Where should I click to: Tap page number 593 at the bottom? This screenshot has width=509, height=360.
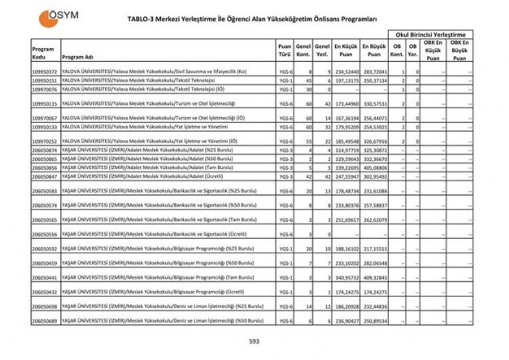pyautogui.click(x=254, y=342)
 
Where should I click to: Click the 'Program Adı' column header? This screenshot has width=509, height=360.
pyautogui.click(x=78, y=58)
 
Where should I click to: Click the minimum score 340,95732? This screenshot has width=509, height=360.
pyautogui.click(x=346, y=277)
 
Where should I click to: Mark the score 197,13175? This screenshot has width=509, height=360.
pyautogui.click(x=346, y=80)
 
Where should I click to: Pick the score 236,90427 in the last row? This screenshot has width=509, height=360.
pyautogui.click(x=346, y=321)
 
